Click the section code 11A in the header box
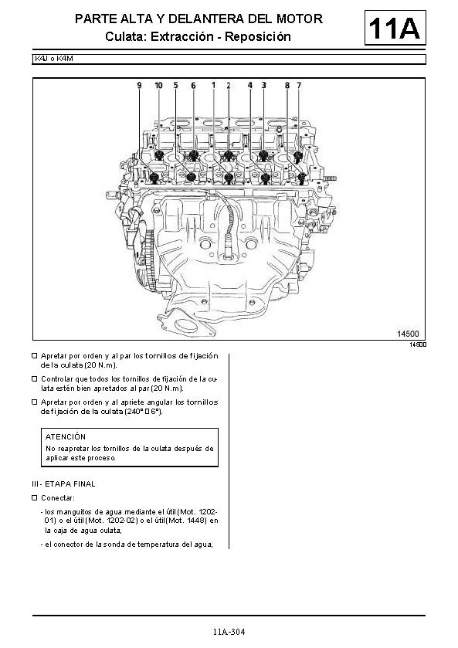[395, 28]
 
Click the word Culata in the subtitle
[126, 37]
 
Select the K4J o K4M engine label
[54, 59]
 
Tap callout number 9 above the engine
[139, 85]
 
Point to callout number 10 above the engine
[159, 85]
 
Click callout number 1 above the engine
[213, 85]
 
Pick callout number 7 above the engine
[299, 85]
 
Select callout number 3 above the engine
[263, 85]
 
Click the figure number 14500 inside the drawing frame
[408, 334]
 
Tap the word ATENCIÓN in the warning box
[66, 437]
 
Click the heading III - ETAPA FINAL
[63, 484]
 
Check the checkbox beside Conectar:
[35, 498]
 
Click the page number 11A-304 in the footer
[229, 632]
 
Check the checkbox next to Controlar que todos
[35, 379]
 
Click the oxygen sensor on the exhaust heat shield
[228, 248]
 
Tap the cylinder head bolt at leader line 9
[154, 178]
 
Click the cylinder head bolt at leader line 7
[298, 156]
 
